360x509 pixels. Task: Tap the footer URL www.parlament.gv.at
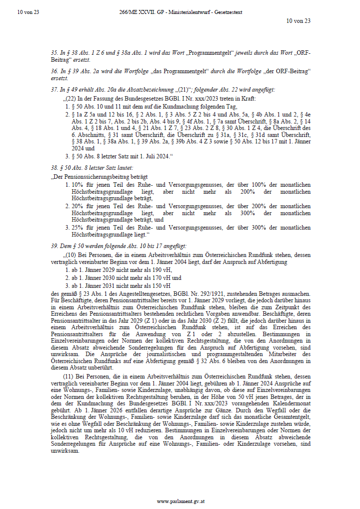(180, 501)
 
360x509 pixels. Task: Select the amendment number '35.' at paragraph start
(54, 52)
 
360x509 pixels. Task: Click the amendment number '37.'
(54, 90)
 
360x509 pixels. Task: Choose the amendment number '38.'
(54, 169)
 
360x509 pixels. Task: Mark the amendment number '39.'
(54, 246)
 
